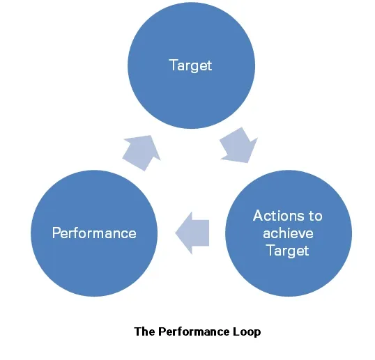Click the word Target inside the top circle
pos(190,66)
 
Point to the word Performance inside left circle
pos(94,233)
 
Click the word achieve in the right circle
pos(287,233)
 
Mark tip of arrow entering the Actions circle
pos(248,162)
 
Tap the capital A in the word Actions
pos(257,216)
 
